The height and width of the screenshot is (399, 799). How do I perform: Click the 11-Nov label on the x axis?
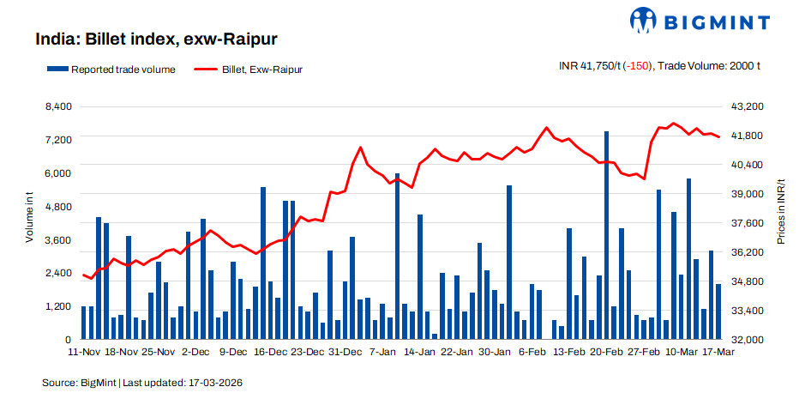(x=84, y=353)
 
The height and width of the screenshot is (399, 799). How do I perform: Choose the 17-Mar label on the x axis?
(x=718, y=353)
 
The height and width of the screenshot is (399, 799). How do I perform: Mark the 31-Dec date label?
(x=345, y=353)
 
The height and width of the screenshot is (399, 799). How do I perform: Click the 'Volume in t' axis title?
(x=29, y=219)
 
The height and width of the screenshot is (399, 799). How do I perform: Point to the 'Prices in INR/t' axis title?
(x=781, y=212)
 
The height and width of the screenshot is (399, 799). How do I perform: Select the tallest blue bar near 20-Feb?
(x=606, y=235)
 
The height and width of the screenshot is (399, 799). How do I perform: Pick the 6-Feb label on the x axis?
(x=533, y=353)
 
